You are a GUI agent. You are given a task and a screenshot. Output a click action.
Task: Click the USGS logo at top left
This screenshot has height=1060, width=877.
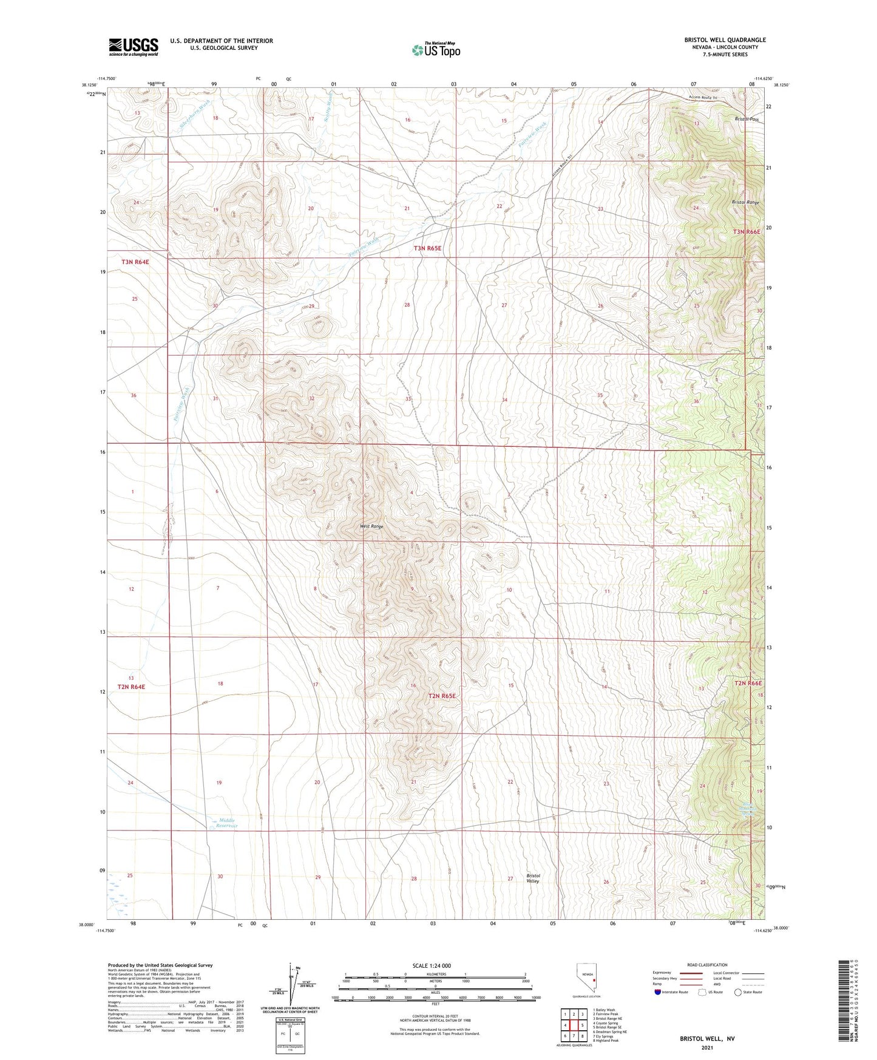point(134,47)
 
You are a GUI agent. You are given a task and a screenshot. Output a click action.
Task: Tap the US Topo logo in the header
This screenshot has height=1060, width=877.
point(436,50)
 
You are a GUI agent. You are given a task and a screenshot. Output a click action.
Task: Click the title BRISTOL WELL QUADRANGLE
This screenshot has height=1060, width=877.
point(725,40)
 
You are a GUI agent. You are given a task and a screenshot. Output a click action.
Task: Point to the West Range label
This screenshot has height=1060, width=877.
point(371,526)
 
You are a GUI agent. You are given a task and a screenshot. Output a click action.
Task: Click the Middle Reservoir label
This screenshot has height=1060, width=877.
point(228,823)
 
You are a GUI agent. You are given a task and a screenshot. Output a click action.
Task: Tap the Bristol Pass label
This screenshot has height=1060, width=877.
point(747,120)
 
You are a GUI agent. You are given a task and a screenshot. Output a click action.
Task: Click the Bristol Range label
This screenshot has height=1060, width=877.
point(745,202)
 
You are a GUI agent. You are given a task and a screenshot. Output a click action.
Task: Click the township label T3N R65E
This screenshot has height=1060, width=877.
point(427,248)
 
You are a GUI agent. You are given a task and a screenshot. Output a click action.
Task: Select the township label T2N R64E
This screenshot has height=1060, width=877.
point(132,687)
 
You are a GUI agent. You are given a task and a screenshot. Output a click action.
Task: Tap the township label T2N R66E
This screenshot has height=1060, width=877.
point(748,683)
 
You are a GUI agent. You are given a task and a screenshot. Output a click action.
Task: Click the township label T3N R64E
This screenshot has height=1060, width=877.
point(135,262)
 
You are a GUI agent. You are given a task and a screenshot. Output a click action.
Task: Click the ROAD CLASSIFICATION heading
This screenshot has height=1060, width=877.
point(707,965)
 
